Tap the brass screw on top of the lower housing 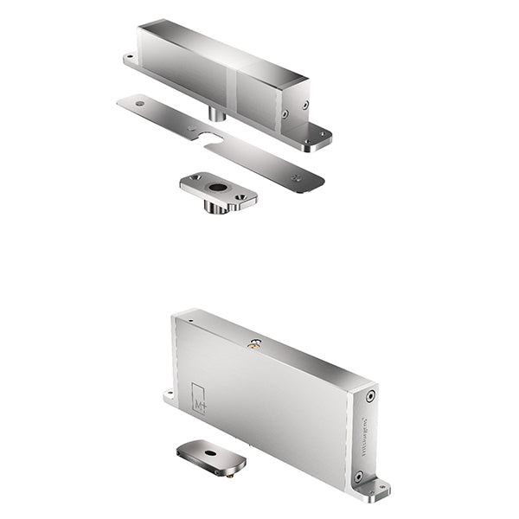254,343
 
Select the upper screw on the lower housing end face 370,395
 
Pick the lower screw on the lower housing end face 358,475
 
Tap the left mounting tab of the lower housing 168,397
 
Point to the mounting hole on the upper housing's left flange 131,59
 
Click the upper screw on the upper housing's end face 304,105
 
